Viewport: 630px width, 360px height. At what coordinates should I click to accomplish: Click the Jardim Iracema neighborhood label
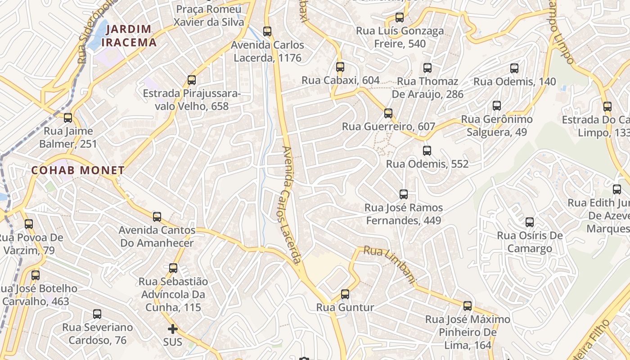pos(129,36)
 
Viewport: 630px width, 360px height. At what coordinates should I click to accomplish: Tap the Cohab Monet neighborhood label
pos(78,171)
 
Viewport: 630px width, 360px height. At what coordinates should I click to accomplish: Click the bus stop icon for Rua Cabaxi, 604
pos(340,67)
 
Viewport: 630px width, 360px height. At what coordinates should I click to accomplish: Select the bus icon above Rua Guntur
pos(345,294)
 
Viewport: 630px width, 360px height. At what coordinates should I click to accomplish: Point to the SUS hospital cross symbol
pos(173,329)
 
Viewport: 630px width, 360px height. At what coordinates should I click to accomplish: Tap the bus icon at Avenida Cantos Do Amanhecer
pos(157,217)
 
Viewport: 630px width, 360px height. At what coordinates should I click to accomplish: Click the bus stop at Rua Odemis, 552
pos(427,151)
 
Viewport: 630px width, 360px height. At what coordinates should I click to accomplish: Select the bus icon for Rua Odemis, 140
pos(514,68)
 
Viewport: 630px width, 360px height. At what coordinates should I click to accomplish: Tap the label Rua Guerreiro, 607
pos(388,126)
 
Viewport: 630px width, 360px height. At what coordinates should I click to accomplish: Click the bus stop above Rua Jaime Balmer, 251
pos(68,118)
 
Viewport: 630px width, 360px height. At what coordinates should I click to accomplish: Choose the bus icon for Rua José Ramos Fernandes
pos(404,194)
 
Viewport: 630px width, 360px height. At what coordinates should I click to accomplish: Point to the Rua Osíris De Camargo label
pos(530,242)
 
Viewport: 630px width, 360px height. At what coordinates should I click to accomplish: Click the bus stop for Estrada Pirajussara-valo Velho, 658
pos(192,80)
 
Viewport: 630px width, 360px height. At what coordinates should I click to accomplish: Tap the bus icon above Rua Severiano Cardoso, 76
pos(97,314)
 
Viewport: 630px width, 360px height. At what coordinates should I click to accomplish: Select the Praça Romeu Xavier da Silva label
pos(209,15)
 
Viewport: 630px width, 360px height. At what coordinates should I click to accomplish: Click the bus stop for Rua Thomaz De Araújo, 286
pos(427,68)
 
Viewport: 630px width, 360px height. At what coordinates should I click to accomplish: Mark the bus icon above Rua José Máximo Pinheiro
pos(468,306)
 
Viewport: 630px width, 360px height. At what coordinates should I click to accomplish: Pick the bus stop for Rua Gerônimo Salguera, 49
pos(497,106)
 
